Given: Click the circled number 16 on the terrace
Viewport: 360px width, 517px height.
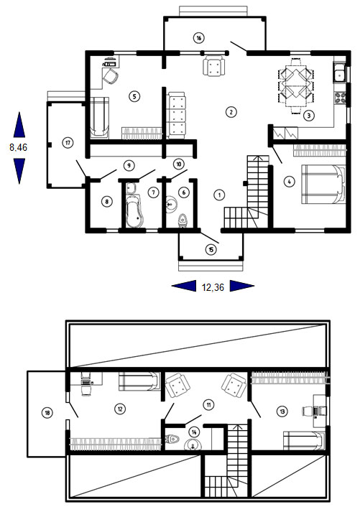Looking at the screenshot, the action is pos(198,38).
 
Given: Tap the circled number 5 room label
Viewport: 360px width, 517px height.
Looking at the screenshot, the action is pos(134,96).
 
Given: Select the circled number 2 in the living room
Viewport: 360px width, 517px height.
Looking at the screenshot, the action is pos(231,112).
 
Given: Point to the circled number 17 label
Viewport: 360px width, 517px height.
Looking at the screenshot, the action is pos(68,143).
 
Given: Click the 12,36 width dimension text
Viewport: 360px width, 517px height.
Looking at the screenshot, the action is pos(213,287).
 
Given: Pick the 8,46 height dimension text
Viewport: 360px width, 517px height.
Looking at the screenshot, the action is pos(19,147).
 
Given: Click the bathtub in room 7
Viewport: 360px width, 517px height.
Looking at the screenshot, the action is pos(134,211).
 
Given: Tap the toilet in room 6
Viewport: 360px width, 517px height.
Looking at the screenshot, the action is pos(183,220).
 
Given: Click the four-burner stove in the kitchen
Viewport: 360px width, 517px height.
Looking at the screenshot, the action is pos(340,97).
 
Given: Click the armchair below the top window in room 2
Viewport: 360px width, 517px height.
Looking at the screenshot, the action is pos(214,66).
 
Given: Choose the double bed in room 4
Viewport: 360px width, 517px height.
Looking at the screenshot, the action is pos(323,184).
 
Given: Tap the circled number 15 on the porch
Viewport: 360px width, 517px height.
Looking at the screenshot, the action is pos(211,250).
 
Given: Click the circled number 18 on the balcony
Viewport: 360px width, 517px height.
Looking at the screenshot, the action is pos(47,412).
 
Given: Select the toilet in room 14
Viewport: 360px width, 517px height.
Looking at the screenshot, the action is pos(172,439).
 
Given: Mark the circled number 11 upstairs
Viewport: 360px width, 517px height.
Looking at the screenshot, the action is pos(208,404).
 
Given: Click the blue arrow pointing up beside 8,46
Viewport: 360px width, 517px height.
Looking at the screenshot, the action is pos(19,125).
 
